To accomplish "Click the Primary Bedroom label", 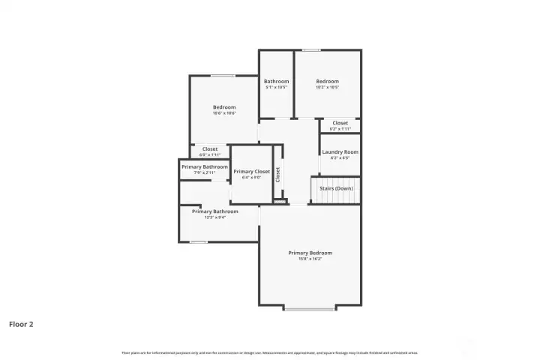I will click(x=310, y=253).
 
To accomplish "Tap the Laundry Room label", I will click(x=340, y=152).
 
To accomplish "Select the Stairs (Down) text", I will click(x=336, y=188).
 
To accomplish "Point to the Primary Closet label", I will click(x=251, y=172).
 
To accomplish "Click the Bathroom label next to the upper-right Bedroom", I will click(x=276, y=81).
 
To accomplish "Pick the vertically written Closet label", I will click(x=278, y=175).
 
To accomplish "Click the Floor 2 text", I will click(x=21, y=325).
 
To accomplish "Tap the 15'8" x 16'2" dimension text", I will click(x=310, y=259).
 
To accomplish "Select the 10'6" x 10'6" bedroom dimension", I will click(x=223, y=113).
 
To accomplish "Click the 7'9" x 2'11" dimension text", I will click(x=204, y=172).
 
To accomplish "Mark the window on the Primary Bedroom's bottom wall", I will click(x=310, y=308).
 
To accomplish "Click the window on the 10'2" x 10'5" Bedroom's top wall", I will click(x=311, y=50).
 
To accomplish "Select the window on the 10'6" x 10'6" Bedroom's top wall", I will click(x=222, y=75).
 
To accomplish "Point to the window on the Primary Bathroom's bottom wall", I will click(x=198, y=241).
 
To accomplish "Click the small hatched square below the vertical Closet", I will click(x=279, y=201).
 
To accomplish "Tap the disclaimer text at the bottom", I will click(x=269, y=352).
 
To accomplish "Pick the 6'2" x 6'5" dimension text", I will click(x=340, y=158).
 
